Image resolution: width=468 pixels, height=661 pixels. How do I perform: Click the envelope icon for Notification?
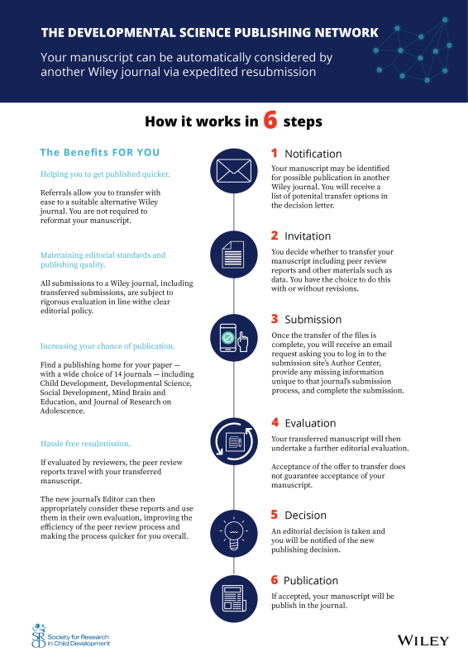tap(233, 170)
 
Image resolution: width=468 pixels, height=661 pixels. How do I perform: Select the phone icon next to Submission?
tap(233, 340)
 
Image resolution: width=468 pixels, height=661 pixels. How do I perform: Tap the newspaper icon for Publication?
tap(233, 597)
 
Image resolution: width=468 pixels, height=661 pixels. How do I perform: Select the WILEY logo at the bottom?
tap(423, 640)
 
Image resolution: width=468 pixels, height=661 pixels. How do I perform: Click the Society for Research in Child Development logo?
tap(69, 637)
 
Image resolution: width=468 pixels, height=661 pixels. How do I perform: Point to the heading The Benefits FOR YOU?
tap(100, 153)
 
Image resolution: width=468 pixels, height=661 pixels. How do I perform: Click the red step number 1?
tap(275, 154)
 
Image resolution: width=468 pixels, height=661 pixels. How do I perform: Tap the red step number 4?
tap(275, 422)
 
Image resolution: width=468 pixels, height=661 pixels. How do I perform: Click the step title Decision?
tap(306, 516)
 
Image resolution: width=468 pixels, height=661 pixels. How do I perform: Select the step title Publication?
tap(311, 581)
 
